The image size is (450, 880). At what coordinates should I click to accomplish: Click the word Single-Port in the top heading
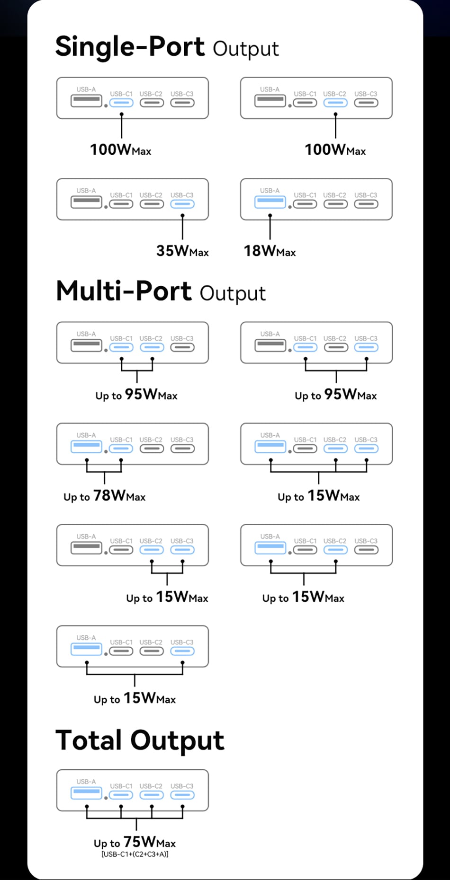(x=130, y=47)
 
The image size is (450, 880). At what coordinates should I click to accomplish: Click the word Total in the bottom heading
(x=89, y=740)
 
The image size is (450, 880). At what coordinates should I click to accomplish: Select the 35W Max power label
(x=182, y=251)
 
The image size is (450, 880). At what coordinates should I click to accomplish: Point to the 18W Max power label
(x=270, y=251)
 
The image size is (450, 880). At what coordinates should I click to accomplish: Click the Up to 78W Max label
(x=105, y=496)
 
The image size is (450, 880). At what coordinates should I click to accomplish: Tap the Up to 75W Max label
(x=135, y=842)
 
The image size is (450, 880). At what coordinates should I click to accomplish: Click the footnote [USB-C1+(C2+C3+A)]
(x=135, y=854)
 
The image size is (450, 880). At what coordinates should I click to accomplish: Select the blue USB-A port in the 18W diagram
(x=270, y=202)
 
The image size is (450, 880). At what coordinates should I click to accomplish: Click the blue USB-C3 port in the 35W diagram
(x=182, y=204)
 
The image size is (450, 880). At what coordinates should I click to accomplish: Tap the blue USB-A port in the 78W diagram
(x=86, y=447)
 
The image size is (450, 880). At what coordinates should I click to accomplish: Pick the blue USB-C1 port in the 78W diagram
(x=121, y=449)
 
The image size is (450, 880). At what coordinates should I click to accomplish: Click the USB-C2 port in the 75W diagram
(x=152, y=795)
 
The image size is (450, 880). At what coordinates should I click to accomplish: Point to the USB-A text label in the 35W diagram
(x=86, y=191)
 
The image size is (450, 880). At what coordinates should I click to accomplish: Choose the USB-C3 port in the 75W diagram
(x=182, y=795)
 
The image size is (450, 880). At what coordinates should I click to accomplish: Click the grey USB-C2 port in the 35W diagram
(x=152, y=204)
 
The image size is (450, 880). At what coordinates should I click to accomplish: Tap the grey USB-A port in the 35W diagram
(x=86, y=202)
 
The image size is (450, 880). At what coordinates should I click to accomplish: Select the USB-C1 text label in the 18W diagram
(x=305, y=195)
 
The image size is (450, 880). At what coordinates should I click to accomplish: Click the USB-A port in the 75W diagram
(x=86, y=793)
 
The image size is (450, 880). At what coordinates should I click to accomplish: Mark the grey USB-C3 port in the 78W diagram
(x=182, y=449)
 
